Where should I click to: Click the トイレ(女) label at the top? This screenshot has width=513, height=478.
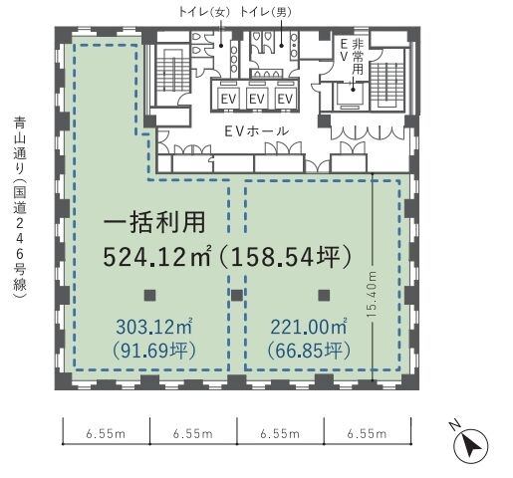pyautogui.click(x=204, y=13)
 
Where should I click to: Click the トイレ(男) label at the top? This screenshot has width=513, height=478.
pyautogui.click(x=266, y=13)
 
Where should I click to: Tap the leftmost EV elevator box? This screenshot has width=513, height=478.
pyautogui.click(x=228, y=99)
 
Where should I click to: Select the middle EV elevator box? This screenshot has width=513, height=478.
pyautogui.click(x=257, y=99)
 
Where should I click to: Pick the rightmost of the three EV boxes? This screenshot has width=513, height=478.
pyautogui.click(x=285, y=99)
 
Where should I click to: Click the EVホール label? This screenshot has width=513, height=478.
pyautogui.click(x=256, y=131)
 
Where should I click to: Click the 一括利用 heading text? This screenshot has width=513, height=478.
pyautogui.click(x=154, y=222)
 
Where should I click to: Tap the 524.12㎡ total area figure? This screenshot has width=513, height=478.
pyautogui.click(x=156, y=257)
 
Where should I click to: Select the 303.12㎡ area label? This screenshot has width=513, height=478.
pyautogui.click(x=154, y=327)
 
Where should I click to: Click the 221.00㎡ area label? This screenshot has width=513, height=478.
pyautogui.click(x=309, y=327)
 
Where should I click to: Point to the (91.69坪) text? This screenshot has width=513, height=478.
pyautogui.click(x=154, y=351)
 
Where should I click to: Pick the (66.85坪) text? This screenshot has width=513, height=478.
pyautogui.click(x=309, y=351)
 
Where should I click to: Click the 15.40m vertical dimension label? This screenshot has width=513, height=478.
pyautogui.click(x=373, y=294)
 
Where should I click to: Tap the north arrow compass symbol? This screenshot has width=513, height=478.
pyautogui.click(x=471, y=445)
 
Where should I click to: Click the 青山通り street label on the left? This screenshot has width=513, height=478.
pyautogui.click(x=20, y=136)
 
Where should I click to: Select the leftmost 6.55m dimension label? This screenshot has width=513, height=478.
pyautogui.click(x=106, y=434)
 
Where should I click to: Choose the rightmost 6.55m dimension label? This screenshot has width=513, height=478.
pyautogui.click(x=367, y=434)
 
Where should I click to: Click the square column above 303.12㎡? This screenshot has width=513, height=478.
pyautogui.click(x=149, y=296)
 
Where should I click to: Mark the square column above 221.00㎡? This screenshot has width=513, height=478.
pyautogui.click(x=324, y=296)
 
